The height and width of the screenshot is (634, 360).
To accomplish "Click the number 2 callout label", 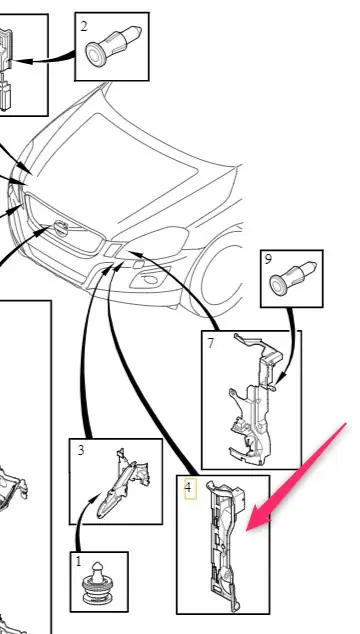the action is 84,26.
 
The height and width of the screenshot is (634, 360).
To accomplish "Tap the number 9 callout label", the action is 268,259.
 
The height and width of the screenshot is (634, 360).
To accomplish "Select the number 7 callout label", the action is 210,343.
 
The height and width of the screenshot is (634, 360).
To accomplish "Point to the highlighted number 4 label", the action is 188,487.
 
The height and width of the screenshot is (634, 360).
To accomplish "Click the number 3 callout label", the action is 81,450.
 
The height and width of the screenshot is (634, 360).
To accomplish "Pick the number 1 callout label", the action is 78,561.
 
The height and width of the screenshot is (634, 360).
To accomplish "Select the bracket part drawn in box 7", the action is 255,398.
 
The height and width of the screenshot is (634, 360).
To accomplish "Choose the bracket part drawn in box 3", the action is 123,483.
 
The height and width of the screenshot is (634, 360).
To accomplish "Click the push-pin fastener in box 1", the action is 98,584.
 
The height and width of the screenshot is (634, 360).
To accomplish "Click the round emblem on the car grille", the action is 60,229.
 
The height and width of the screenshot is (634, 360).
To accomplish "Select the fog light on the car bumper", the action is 150,279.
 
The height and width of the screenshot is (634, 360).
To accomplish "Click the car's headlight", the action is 156,242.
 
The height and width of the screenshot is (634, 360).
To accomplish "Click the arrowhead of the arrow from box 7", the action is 133,254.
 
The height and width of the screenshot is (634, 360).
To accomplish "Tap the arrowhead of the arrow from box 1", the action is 96,497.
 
